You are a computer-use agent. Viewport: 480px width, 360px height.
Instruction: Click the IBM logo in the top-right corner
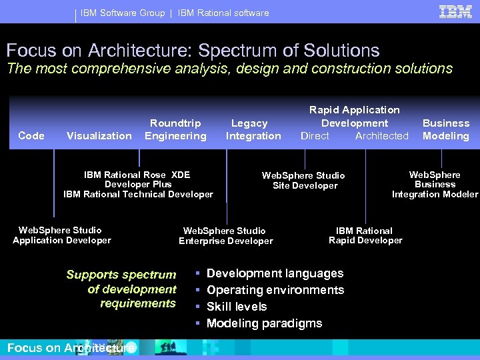pyautogui.click(x=456, y=11)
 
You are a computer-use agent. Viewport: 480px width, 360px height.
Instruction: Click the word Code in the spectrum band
pyautogui.click(x=31, y=135)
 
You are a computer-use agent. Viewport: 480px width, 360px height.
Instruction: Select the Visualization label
pyautogui.click(x=99, y=136)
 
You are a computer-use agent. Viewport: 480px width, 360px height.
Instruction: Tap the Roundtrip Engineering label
pyautogui.click(x=175, y=129)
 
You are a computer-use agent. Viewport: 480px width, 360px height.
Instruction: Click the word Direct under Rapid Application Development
pyautogui.click(x=315, y=136)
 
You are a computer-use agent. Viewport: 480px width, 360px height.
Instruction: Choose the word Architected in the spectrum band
pyautogui.click(x=381, y=136)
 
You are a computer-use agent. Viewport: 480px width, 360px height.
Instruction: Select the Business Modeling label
pyautogui.click(x=445, y=129)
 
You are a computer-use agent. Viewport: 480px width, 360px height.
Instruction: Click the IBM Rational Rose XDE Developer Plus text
pyautogui.click(x=137, y=179)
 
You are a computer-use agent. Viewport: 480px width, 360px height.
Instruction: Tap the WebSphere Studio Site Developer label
pyautogui.click(x=303, y=181)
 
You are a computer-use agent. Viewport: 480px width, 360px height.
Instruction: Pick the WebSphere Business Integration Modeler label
pyautogui.click(x=435, y=185)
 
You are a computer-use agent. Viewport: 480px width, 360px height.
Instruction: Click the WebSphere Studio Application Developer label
pyautogui.click(x=61, y=235)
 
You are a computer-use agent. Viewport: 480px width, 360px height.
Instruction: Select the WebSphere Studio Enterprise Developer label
pyautogui.click(x=225, y=236)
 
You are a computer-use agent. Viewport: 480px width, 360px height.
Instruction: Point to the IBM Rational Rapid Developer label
pyautogui.click(x=365, y=235)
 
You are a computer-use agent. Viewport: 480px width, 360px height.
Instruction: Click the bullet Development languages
pyautogui.click(x=275, y=273)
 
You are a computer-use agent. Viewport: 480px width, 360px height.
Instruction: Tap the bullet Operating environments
pyautogui.click(x=275, y=290)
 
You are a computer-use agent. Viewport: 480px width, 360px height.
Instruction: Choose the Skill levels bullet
pyautogui.click(x=237, y=307)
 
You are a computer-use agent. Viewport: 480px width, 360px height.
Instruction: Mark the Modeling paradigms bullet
pyautogui.click(x=264, y=323)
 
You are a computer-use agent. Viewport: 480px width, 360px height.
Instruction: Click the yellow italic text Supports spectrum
pyautogui.click(x=121, y=275)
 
